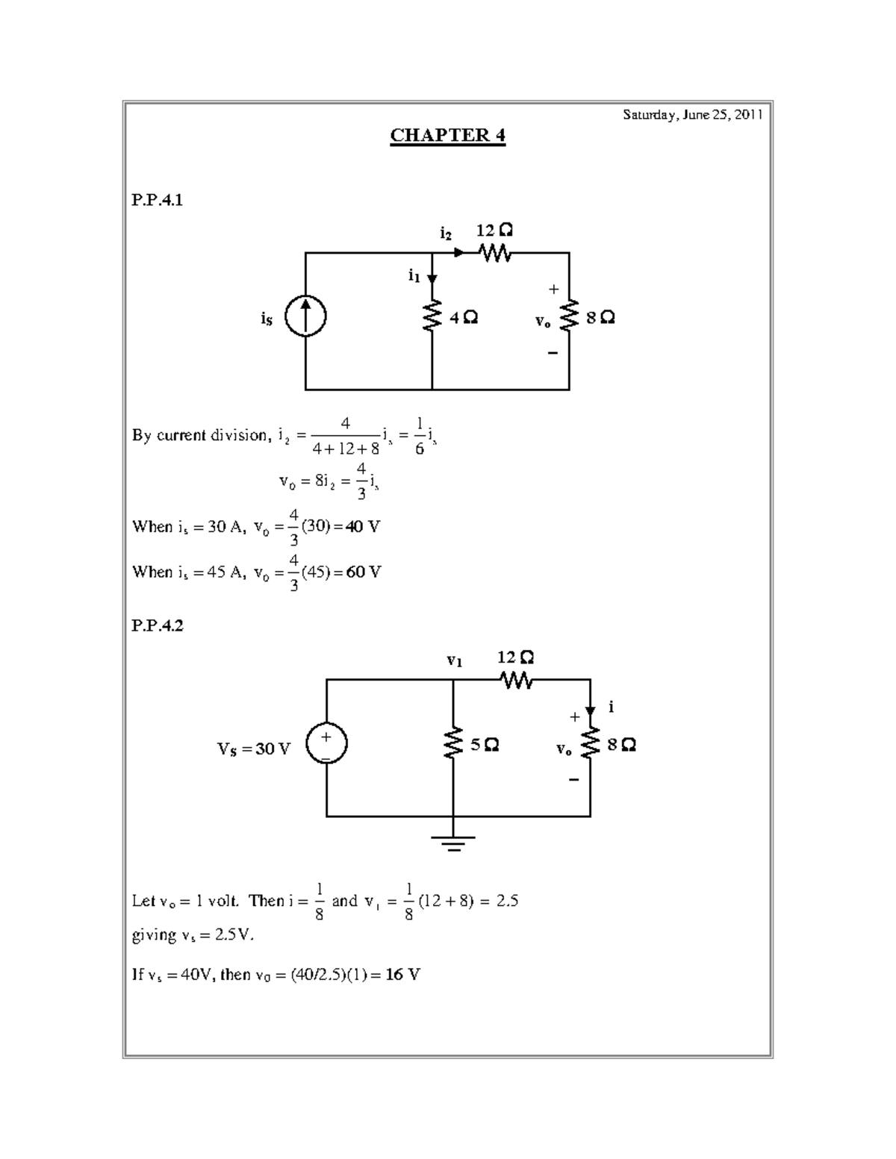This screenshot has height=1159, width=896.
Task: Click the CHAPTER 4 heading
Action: (447, 135)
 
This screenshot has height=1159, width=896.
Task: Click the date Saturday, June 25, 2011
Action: (692, 115)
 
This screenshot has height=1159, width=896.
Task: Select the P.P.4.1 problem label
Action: (157, 200)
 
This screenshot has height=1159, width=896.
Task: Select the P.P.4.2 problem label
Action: (157, 625)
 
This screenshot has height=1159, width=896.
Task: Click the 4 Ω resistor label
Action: (463, 318)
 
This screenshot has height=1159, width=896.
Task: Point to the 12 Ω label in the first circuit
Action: (494, 230)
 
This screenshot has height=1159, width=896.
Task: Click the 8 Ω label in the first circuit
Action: (600, 318)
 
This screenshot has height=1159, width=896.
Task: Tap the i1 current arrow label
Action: (414, 276)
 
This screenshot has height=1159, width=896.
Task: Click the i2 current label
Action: (445, 234)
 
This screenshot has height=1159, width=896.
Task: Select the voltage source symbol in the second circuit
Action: (326, 746)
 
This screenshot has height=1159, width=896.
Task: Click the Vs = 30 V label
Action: (254, 749)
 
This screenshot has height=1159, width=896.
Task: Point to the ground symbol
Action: (452, 843)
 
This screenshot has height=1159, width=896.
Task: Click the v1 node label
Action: (454, 660)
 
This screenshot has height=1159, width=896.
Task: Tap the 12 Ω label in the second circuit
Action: (515, 657)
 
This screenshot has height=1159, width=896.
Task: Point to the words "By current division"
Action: (199, 435)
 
